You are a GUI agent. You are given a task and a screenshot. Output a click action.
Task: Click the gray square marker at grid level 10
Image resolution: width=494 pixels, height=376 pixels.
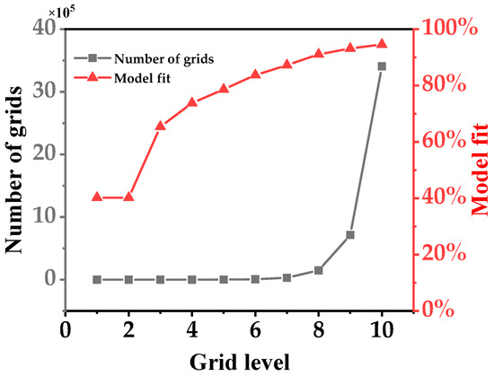tap(382, 66)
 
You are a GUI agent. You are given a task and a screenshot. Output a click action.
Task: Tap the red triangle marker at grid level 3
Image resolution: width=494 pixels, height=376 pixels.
tap(160, 126)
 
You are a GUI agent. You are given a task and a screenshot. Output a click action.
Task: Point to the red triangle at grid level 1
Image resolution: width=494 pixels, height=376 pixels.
tap(97, 197)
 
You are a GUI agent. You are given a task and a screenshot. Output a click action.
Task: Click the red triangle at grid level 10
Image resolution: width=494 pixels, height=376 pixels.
tap(382, 43)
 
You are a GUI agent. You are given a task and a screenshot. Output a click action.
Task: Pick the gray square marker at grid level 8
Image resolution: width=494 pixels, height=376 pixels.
tap(318, 270)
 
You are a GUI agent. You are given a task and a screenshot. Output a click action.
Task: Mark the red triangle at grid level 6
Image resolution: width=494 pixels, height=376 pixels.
tap(255, 74)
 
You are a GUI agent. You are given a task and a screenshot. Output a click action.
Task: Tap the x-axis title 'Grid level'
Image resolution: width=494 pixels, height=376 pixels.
tap(238, 361)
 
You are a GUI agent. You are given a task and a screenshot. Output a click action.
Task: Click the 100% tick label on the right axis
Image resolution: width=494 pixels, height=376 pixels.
tap(445, 29)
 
